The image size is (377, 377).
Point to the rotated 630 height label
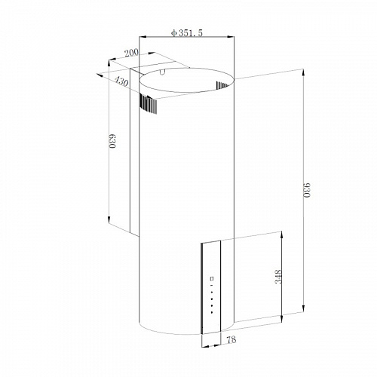click(x=113, y=143)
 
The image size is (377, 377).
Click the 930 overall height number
click(x=308, y=193)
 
